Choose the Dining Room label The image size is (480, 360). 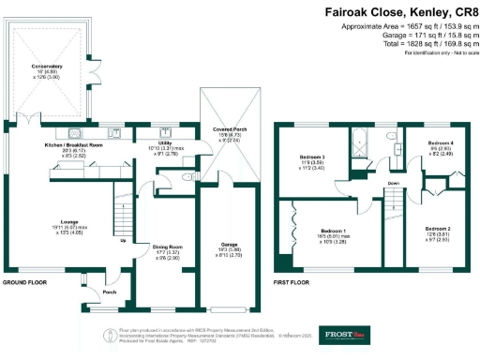coord(166,247)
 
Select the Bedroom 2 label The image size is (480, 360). coord(438,230)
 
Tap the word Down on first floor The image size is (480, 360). coord(367,184)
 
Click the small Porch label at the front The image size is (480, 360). coord(109,292)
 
